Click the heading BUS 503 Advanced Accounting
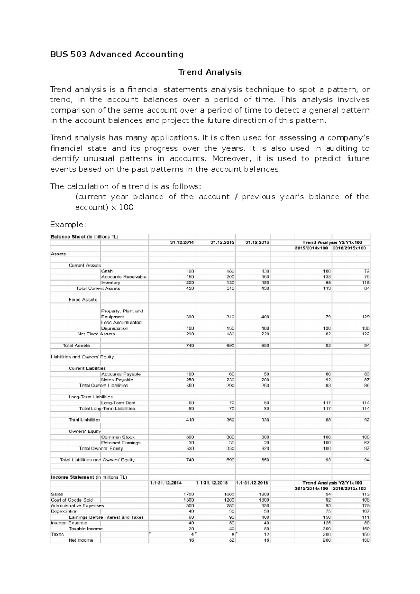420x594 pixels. click(x=117, y=54)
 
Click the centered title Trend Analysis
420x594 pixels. click(x=210, y=72)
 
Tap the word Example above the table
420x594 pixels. click(x=68, y=224)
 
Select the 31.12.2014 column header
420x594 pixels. click(x=182, y=242)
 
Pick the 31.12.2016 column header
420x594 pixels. click(x=257, y=242)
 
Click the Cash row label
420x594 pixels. click(x=107, y=271)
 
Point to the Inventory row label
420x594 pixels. click(x=111, y=283)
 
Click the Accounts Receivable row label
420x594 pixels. click(x=124, y=277)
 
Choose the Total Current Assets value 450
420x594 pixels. click(x=190, y=288)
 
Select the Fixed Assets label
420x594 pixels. click(x=83, y=300)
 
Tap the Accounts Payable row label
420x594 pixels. click(x=121, y=374)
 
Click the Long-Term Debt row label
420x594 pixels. click(x=118, y=403)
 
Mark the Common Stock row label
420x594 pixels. click(x=118, y=437)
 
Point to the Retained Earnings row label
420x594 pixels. click(x=121, y=443)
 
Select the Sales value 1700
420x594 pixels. click(x=189, y=494)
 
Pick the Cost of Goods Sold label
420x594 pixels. click(x=72, y=500)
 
